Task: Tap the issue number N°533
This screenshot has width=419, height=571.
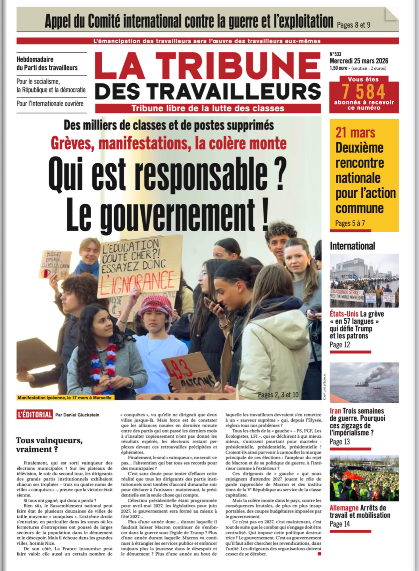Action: pos(335,54)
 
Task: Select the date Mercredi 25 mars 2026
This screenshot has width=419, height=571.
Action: pos(359,61)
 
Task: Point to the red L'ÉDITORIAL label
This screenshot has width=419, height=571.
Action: pos(35,415)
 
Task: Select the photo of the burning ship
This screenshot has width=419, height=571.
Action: pos(364,382)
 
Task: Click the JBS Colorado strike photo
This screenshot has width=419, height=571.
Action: pos(364,281)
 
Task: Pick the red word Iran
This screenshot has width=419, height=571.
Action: pos(335,411)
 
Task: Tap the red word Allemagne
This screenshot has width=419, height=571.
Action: pos(343,508)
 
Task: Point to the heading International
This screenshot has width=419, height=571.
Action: pos(352,246)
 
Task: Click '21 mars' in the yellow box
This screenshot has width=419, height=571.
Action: pos(355,132)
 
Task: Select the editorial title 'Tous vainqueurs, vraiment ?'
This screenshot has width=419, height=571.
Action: pos(49,445)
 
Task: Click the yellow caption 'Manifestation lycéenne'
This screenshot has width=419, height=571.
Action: pos(65,398)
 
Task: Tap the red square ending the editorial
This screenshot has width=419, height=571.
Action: pos(319,554)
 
